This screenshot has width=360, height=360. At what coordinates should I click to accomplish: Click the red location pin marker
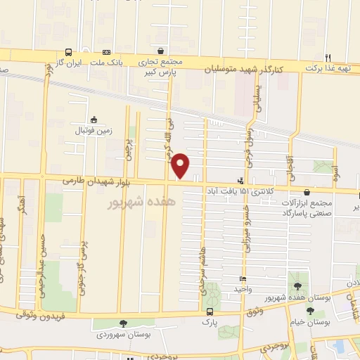181,166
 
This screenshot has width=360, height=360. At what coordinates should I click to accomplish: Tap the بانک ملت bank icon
106,52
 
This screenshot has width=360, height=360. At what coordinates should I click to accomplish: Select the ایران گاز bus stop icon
68,52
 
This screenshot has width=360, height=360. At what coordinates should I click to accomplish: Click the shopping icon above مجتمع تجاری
162,51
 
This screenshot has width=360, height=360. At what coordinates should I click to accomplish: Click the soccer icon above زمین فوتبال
93,120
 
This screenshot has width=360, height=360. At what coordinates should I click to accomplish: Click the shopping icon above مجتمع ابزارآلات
307,191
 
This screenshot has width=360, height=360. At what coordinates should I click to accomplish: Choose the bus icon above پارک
209,311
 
